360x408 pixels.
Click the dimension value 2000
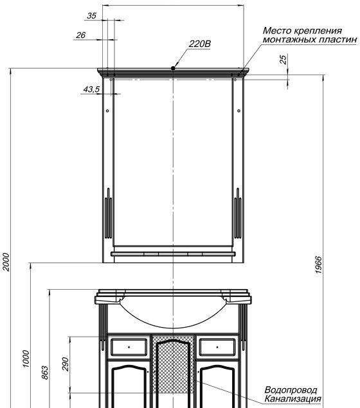[6, 262]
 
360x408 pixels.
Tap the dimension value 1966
[319, 265]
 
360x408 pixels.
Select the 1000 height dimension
[26, 359]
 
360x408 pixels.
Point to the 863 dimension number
[45, 373]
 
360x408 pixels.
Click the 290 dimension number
[66, 364]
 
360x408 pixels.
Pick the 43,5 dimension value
[91, 89]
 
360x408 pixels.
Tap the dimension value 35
[91, 16]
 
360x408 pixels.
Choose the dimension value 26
[81, 35]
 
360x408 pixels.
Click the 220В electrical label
[200, 44]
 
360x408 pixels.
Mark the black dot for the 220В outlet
[173, 68]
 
